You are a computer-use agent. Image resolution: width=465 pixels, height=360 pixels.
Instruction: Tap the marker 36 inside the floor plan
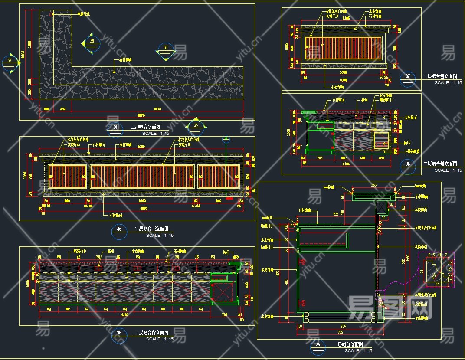165,48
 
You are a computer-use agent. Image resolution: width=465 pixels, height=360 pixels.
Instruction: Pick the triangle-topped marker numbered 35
196,126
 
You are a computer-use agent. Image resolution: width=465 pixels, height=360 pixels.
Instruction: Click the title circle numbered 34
115,128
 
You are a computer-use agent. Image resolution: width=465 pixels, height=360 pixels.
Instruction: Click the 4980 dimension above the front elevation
141,147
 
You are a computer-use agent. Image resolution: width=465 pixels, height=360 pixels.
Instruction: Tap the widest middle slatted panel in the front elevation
142,176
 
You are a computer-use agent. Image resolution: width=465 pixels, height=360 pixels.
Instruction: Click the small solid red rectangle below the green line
229,199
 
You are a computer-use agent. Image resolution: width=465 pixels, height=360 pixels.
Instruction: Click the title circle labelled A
319,345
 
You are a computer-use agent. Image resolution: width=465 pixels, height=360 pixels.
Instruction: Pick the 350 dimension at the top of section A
373,186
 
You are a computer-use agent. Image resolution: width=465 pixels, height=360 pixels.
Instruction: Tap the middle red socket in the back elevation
138,268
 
